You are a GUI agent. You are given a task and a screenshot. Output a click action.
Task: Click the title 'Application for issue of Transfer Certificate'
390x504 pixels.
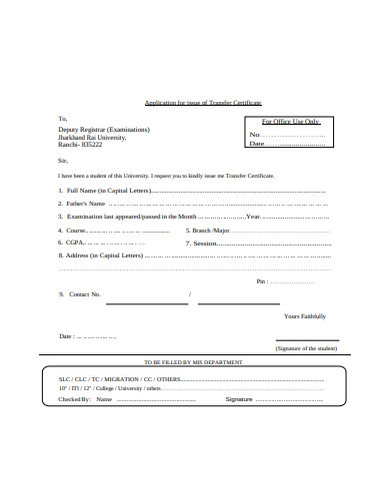tap(203, 103)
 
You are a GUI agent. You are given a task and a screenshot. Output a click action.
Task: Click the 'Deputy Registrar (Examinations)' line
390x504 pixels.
tap(104, 129)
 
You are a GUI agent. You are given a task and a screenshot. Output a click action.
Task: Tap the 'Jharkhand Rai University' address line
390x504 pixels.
tap(93, 136)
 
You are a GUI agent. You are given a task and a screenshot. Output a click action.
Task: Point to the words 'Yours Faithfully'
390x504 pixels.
tap(305, 315)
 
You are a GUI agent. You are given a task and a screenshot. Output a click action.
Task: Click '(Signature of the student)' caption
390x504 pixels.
tap(307, 348)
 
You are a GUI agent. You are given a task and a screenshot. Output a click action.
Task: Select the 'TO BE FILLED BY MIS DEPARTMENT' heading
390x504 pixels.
tap(194, 361)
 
